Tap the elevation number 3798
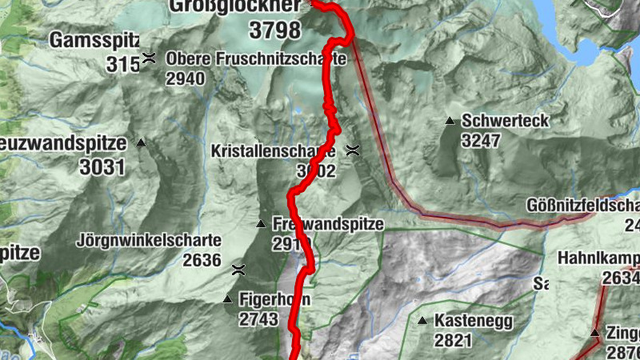coord(274,31)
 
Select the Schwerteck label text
coord(505,121)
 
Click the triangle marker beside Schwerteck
coord(450,122)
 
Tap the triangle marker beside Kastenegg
coord(422,322)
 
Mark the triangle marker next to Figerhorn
coord(227,300)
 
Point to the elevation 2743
coord(258,319)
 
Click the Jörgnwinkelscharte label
coord(150,240)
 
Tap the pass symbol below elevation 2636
coord(238,270)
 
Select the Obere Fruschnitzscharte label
coord(255,59)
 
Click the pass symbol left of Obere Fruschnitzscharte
coord(149,58)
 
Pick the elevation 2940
coord(186,78)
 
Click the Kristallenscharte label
coord(273,150)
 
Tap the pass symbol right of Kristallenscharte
coord(352,150)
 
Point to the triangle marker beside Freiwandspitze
coord(260,224)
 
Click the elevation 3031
coord(102,166)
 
